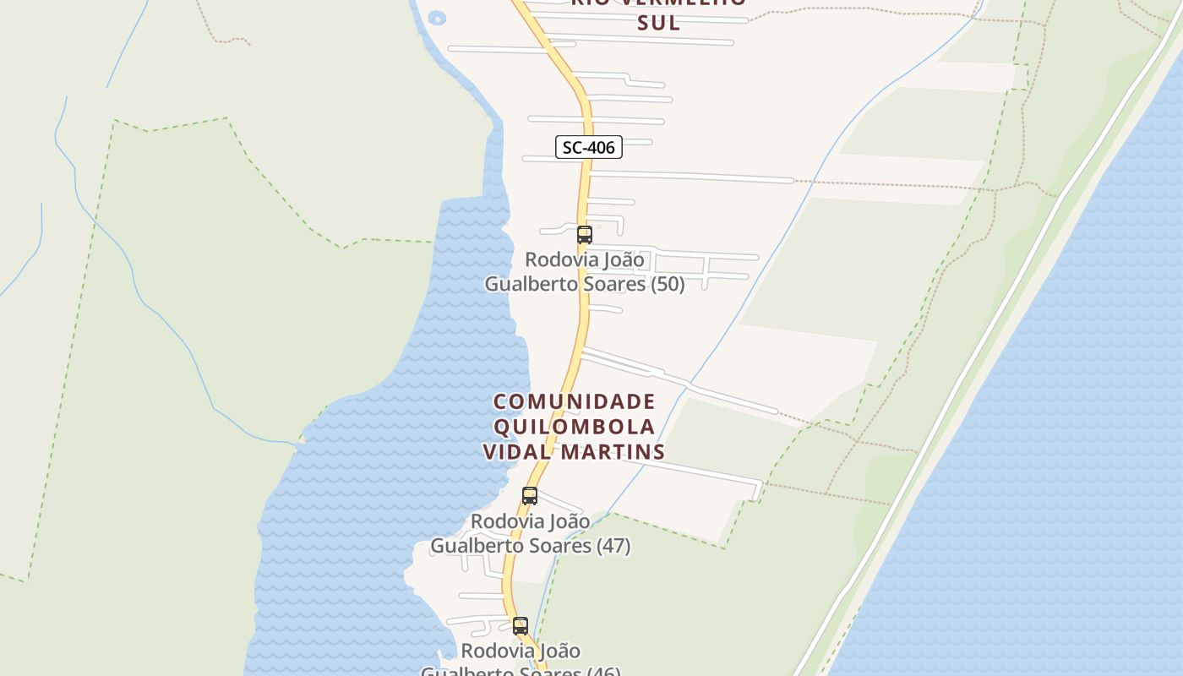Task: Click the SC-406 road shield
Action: [x=589, y=147]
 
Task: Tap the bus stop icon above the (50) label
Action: [x=584, y=235]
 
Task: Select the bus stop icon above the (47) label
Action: [x=530, y=496]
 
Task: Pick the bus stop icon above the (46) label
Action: [x=521, y=626]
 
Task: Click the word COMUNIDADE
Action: [x=575, y=401]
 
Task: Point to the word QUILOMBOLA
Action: [x=575, y=427]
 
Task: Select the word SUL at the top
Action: [x=658, y=23]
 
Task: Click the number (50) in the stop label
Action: [x=668, y=284]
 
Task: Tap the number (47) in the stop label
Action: [x=613, y=546]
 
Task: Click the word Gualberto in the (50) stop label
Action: [x=524, y=284]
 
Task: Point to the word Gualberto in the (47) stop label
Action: [x=470, y=546]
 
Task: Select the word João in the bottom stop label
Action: [x=557, y=651]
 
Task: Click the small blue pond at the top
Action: [x=437, y=17]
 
